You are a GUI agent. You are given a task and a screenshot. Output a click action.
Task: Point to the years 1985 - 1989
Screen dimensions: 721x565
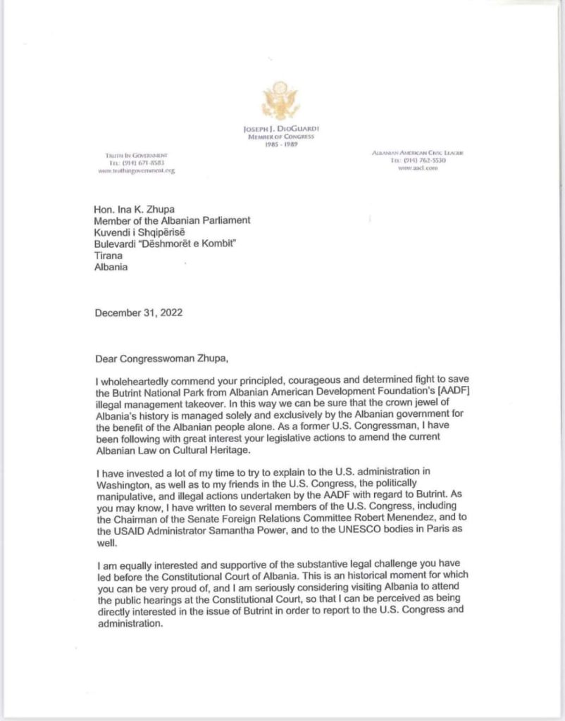(x=280, y=145)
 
